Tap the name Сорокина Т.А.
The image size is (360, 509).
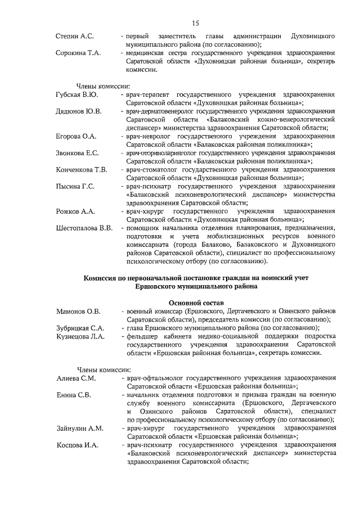click(78, 53)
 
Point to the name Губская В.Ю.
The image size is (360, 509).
click(77, 95)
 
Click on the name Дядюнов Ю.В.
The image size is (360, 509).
click(79, 112)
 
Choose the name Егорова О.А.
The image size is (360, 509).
click(76, 137)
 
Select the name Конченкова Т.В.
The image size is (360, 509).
click(82, 169)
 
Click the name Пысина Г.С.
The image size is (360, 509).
click(75, 186)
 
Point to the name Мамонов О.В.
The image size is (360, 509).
click(78, 311)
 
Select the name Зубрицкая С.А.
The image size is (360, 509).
click(80, 328)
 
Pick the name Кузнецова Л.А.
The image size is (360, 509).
click(80, 336)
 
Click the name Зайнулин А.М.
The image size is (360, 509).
click(80, 429)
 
